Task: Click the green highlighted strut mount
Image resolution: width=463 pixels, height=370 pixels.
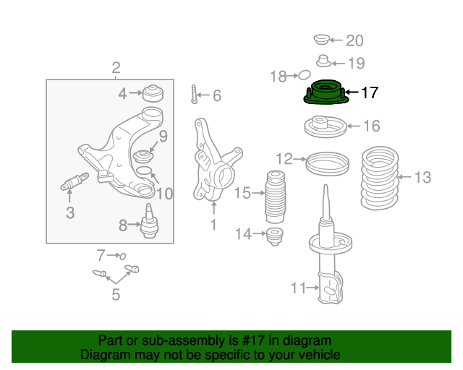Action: click(326, 92)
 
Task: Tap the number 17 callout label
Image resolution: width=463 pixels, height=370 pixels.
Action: click(370, 92)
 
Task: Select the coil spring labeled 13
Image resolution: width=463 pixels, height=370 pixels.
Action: click(380, 178)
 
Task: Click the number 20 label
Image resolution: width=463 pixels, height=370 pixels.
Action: click(354, 40)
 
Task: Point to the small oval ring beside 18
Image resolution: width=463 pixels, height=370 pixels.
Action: click(304, 75)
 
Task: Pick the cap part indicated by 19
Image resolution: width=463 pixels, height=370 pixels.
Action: click(324, 61)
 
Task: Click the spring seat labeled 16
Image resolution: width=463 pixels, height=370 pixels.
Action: click(326, 126)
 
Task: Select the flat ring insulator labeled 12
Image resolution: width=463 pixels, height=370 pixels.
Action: click(327, 164)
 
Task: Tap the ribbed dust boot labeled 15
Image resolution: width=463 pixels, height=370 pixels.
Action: click(275, 197)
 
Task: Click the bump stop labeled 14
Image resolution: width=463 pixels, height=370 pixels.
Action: click(275, 236)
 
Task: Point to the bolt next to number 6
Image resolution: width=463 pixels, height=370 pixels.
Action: click(194, 95)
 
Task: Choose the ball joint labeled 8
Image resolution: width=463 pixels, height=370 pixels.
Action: click(149, 220)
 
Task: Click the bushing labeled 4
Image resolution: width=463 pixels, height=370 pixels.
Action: click(153, 93)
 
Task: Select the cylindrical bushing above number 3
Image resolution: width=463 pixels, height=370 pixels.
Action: click(75, 182)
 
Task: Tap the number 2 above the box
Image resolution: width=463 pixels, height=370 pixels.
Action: click(116, 68)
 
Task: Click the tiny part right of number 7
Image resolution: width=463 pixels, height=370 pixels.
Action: click(122, 256)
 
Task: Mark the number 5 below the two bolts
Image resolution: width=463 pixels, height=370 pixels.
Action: click(116, 294)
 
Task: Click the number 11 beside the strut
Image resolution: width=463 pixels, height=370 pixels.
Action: click(299, 288)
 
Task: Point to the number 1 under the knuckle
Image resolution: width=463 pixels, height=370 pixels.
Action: click(213, 225)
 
